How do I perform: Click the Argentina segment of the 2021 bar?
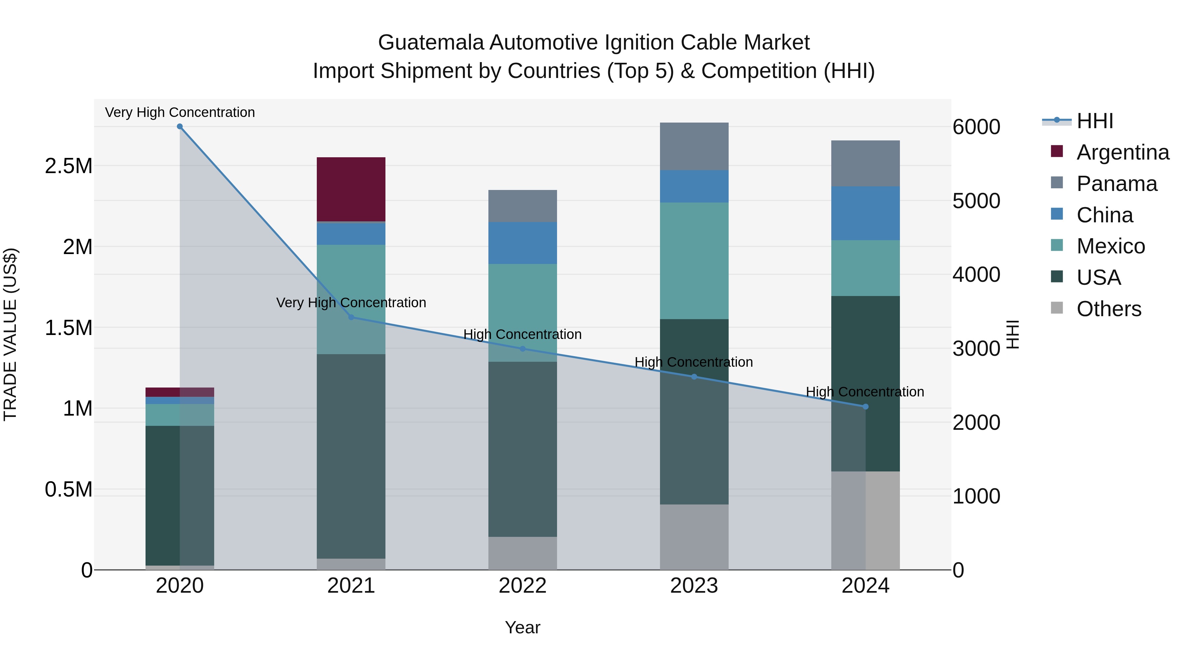pyautogui.click(x=351, y=189)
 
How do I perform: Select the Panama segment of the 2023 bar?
pyautogui.click(x=694, y=146)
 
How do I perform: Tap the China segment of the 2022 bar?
pyautogui.click(x=522, y=243)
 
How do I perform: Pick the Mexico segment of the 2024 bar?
pyautogui.click(x=865, y=268)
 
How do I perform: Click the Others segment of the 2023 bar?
pyautogui.click(x=694, y=537)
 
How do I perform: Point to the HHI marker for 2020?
pyautogui.click(x=180, y=127)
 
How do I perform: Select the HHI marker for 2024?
pyautogui.click(x=865, y=407)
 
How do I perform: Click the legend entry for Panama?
pyautogui.click(x=1116, y=184)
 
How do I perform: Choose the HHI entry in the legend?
pyautogui.click(x=1094, y=121)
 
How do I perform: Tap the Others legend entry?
pyautogui.click(x=1108, y=309)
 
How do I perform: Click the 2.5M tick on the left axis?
pyautogui.click(x=68, y=166)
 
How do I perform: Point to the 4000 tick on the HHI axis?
pyautogui.click(x=976, y=275)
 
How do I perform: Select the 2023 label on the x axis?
pyautogui.click(x=694, y=586)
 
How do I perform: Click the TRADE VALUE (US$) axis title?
pyautogui.click(x=10, y=334)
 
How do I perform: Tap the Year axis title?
pyautogui.click(x=522, y=627)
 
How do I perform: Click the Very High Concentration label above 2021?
pyautogui.click(x=351, y=303)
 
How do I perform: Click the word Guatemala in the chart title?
pyautogui.click(x=431, y=43)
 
